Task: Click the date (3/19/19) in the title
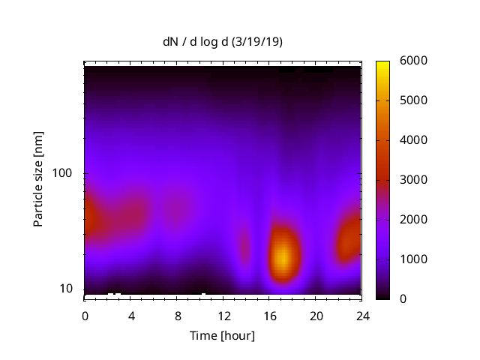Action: pyautogui.click(x=257, y=42)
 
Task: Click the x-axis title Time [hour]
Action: pyautogui.click(x=222, y=335)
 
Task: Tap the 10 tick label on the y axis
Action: pyautogui.click(x=67, y=289)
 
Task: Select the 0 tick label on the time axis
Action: pyautogui.click(x=85, y=315)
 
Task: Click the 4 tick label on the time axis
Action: pyautogui.click(x=131, y=315)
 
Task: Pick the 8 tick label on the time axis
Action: pyautogui.click(x=177, y=315)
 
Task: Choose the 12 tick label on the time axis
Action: pyautogui.click(x=223, y=315)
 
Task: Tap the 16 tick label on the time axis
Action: pyautogui.click(x=270, y=315)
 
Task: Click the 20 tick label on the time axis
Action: pyautogui.click(x=316, y=315)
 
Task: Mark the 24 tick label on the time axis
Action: pyautogui.click(x=362, y=315)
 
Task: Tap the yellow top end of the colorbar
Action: pyautogui.click(x=382, y=64)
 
